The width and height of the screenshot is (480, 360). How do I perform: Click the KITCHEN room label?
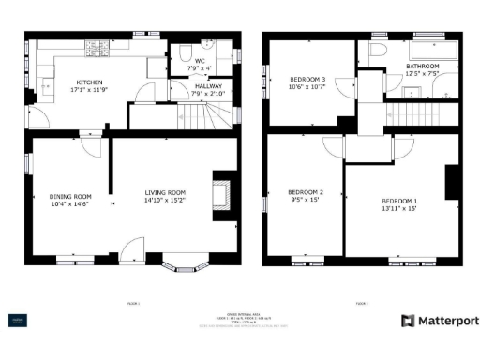(x=89, y=81)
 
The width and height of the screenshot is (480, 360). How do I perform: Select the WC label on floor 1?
(x=199, y=60)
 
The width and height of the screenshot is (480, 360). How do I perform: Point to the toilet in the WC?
(x=185, y=50)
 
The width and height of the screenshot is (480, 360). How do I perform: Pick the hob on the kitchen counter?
(x=97, y=47)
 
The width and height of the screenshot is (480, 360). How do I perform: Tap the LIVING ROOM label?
(x=164, y=192)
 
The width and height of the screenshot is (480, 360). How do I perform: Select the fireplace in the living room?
(x=221, y=194)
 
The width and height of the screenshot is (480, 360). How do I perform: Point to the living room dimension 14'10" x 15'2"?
(x=164, y=201)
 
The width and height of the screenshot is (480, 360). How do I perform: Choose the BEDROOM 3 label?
(x=307, y=79)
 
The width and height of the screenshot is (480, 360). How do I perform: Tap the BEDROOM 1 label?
(x=399, y=201)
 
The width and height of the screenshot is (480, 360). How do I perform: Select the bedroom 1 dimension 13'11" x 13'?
(x=399, y=210)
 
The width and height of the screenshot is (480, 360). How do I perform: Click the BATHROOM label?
(x=424, y=66)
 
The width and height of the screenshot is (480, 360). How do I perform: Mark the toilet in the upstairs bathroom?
(x=380, y=51)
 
